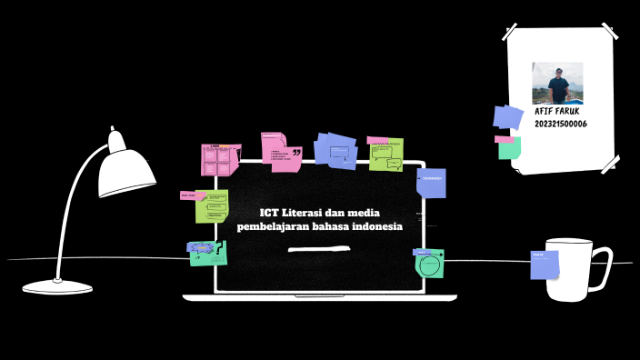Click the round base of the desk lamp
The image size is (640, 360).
[x=58, y=287]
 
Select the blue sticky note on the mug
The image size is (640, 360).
[x=544, y=264]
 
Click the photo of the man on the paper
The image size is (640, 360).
[x=557, y=83]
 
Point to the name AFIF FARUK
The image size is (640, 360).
[x=557, y=111]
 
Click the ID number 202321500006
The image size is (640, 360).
[x=561, y=124]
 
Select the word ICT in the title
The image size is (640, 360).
[x=268, y=213]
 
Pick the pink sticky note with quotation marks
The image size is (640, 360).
[x=281, y=152]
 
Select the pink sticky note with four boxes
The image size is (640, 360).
[x=219, y=159]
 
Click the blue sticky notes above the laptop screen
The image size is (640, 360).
[x=335, y=150]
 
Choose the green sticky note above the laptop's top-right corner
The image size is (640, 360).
[x=386, y=155]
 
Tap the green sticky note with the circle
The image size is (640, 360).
[x=429, y=265]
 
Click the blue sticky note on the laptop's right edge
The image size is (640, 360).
[x=431, y=183]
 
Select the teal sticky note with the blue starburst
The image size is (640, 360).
[x=208, y=253]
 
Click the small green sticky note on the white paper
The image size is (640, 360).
[x=509, y=148]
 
